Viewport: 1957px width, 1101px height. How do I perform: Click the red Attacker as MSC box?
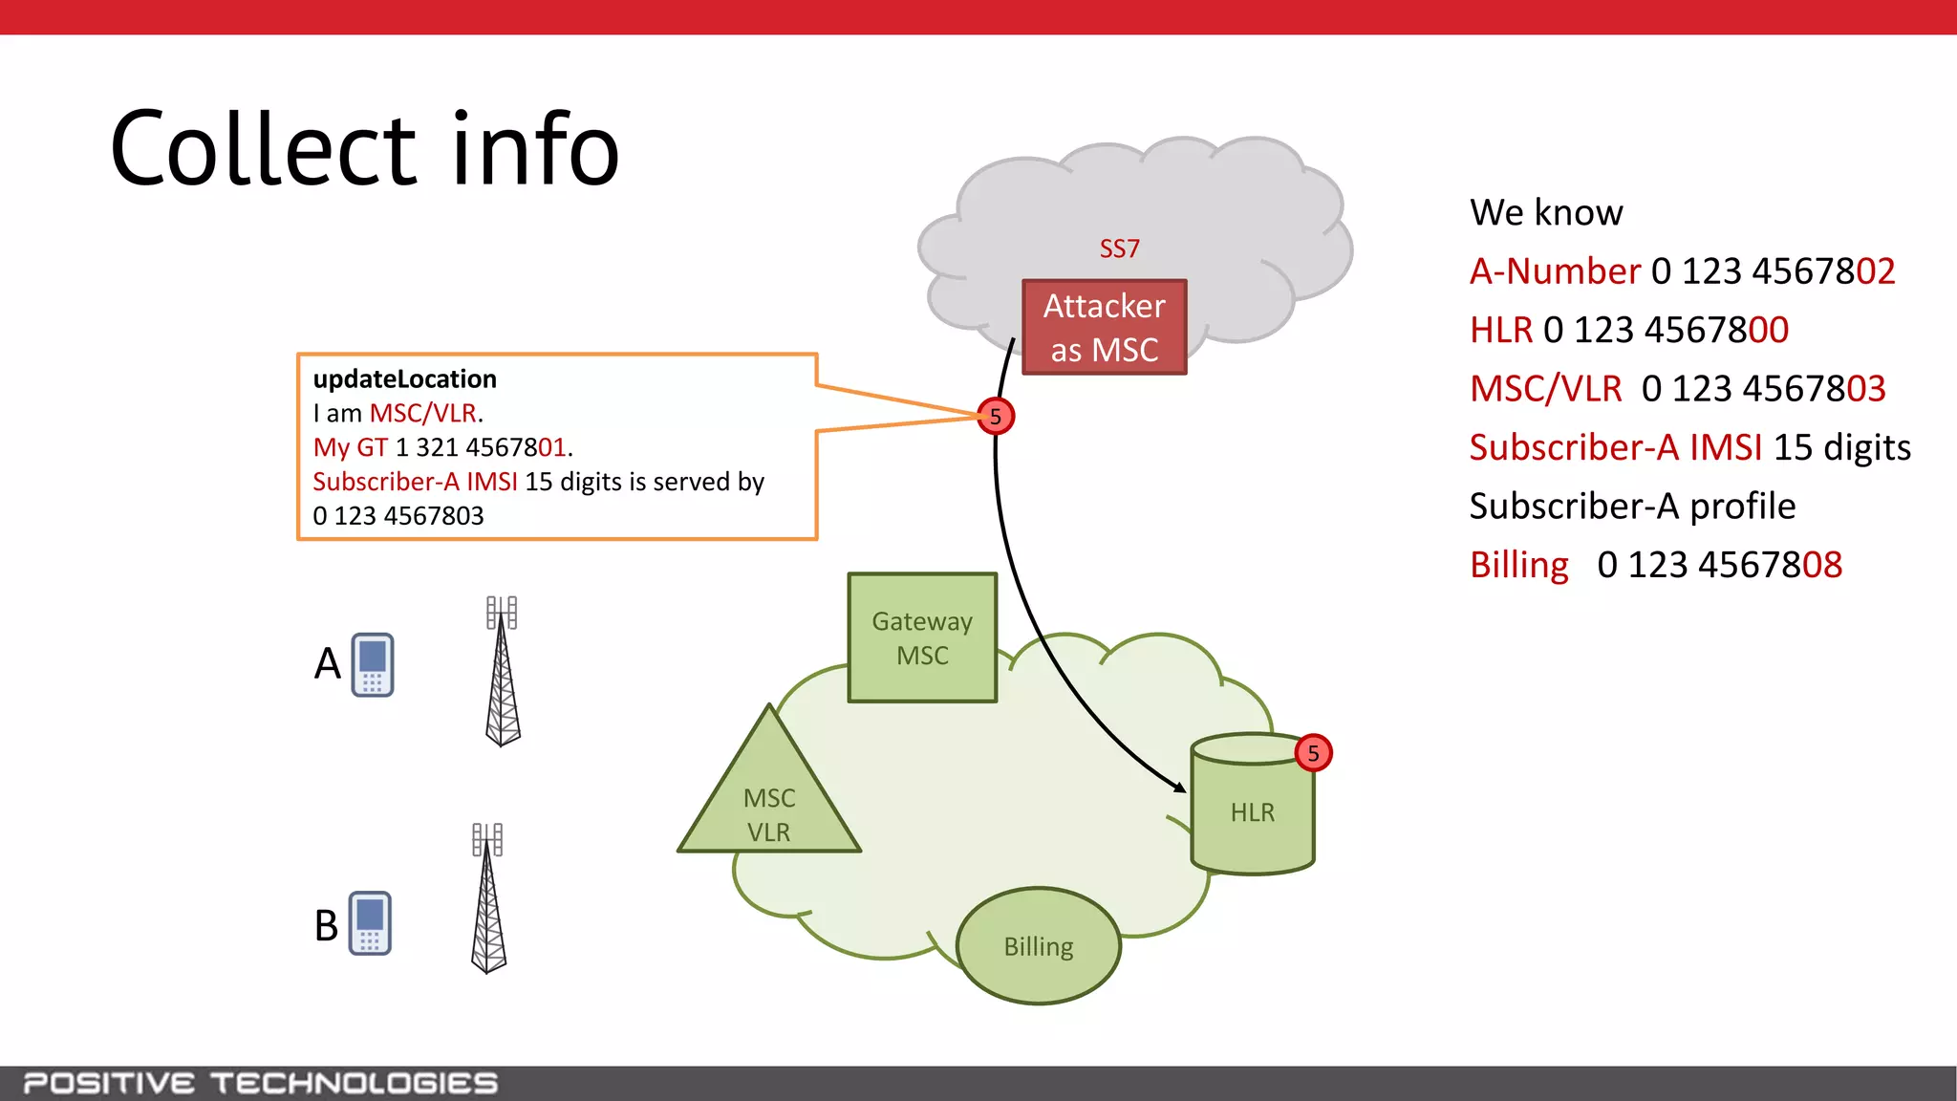[x=1104, y=327]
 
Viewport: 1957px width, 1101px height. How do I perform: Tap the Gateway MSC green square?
[x=922, y=637]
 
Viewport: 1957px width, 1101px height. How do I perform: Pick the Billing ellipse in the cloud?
[x=1039, y=946]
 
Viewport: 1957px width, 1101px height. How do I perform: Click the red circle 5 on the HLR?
[x=1313, y=753]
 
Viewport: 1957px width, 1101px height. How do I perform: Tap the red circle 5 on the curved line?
[x=996, y=417]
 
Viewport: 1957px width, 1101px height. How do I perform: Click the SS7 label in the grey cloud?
[x=1119, y=248]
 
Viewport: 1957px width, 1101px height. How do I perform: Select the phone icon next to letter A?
[x=373, y=664]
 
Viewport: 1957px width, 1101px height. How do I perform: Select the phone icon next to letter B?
[x=370, y=923]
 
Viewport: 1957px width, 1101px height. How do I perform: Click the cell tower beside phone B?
[x=487, y=898]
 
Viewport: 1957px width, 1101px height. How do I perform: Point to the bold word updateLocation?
[x=404, y=379]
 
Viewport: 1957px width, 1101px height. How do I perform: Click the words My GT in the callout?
[x=350, y=447]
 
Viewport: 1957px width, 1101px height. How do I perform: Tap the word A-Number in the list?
[x=1554, y=271]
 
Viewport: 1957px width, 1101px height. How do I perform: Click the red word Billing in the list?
[x=1518, y=565]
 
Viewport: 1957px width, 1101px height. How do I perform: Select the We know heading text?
[x=1545, y=212]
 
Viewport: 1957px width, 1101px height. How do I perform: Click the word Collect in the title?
[x=264, y=150]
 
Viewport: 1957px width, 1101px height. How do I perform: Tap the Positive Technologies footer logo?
[x=260, y=1083]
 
